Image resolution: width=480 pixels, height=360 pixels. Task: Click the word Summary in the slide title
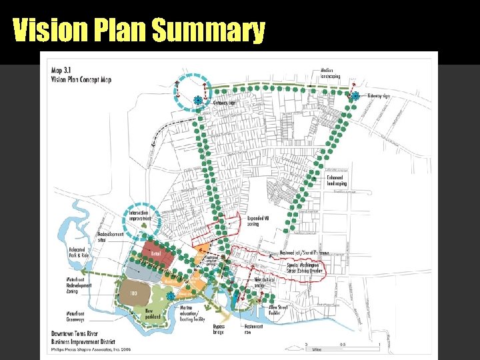click(208, 31)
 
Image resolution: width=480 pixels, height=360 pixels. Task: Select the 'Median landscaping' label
click(331, 73)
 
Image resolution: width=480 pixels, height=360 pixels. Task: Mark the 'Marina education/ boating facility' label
click(194, 313)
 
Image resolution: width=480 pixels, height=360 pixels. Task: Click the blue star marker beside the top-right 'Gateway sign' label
click(355, 96)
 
